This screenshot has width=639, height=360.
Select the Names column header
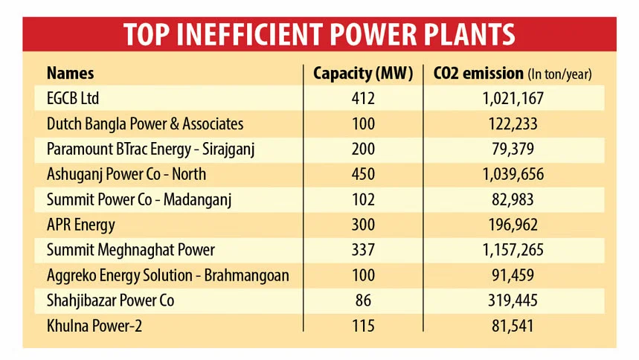pyautogui.click(x=70, y=73)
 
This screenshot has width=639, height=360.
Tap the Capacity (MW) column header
pyautogui.click(x=363, y=73)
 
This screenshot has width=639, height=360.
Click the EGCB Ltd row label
pyautogui.click(x=73, y=98)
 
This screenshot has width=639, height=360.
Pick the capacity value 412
pyautogui.click(x=365, y=98)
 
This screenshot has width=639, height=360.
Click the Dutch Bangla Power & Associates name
pyautogui.click(x=145, y=123)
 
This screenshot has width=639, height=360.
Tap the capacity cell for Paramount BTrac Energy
pyautogui.click(x=365, y=149)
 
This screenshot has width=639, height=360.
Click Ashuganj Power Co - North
pyautogui.click(x=126, y=174)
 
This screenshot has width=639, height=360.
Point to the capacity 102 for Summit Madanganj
pyautogui.click(x=365, y=199)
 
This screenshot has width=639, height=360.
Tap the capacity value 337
pyautogui.click(x=365, y=250)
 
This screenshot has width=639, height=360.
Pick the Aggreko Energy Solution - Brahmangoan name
pyautogui.click(x=167, y=275)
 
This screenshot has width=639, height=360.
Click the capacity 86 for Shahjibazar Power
pyautogui.click(x=365, y=300)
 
